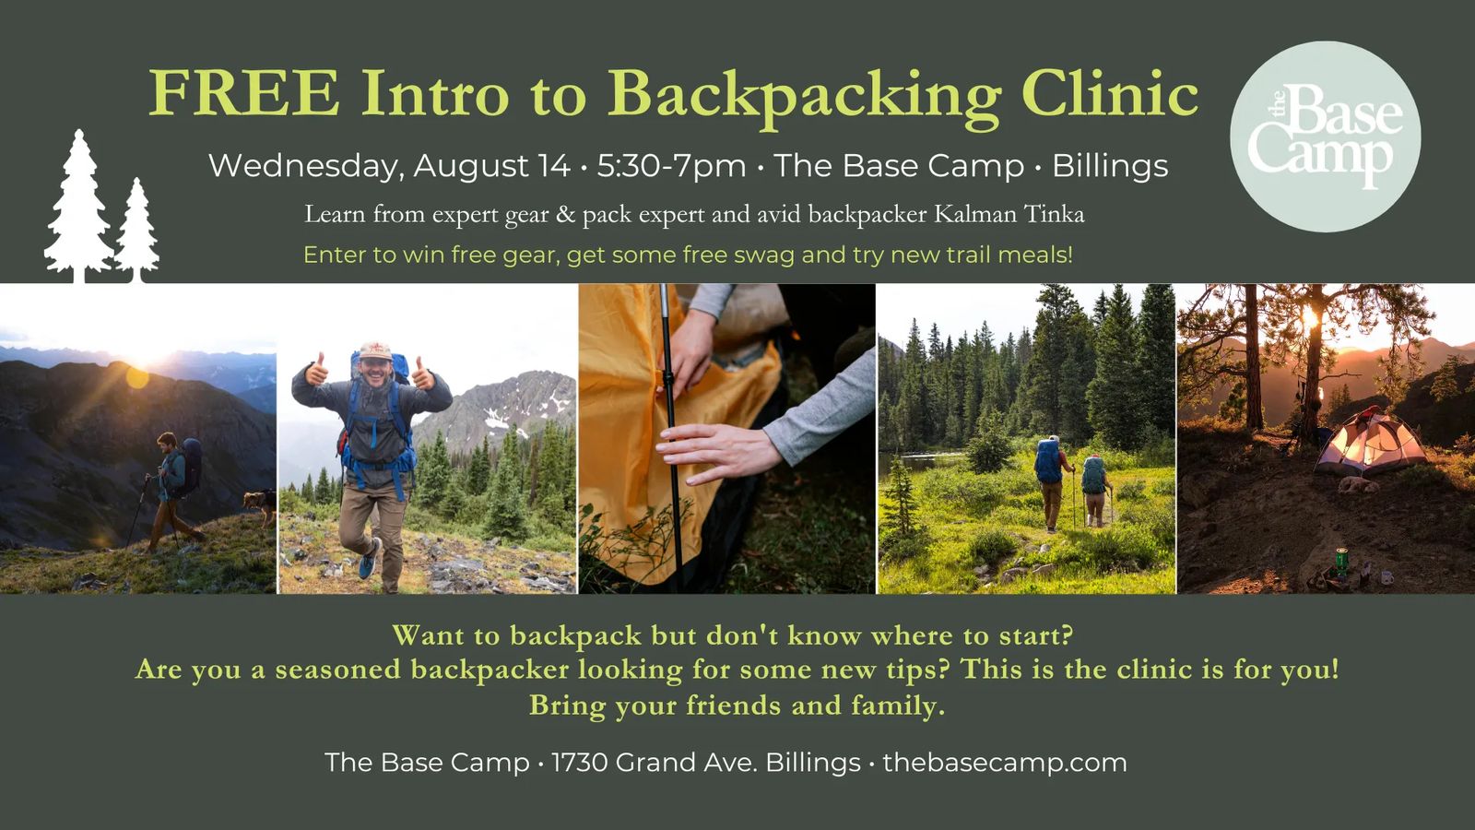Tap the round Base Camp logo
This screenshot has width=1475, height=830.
click(1325, 136)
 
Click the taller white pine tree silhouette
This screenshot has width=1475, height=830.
click(78, 206)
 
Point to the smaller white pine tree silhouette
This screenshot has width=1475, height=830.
click(137, 230)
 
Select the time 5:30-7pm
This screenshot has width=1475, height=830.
click(672, 165)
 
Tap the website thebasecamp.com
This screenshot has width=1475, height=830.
click(1005, 763)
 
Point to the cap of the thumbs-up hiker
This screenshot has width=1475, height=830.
click(375, 350)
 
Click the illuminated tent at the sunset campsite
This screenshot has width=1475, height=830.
click(1370, 443)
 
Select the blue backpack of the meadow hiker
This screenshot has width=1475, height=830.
click(1047, 460)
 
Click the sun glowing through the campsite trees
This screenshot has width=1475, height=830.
click(1309, 317)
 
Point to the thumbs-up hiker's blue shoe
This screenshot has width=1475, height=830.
click(370, 559)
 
